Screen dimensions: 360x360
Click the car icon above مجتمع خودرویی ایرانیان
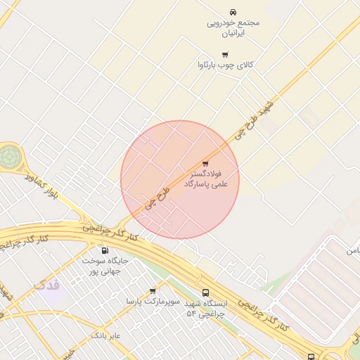tap(233, 12)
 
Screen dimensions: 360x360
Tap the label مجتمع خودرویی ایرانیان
tap(233, 27)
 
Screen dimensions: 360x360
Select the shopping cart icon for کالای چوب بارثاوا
tap(225, 54)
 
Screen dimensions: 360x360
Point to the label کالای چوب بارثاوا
tap(225, 65)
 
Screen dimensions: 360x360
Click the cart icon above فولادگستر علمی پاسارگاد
tap(205, 164)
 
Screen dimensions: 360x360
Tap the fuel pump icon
tap(105, 250)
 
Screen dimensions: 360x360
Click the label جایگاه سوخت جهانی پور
tap(105, 265)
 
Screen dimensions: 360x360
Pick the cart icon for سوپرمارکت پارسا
tap(153, 290)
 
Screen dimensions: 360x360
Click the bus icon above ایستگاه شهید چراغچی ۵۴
tap(205, 292)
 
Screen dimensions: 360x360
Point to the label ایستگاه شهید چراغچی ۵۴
tap(205, 309)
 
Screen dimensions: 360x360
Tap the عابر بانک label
tap(105, 336)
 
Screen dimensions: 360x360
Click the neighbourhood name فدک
tap(46, 285)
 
